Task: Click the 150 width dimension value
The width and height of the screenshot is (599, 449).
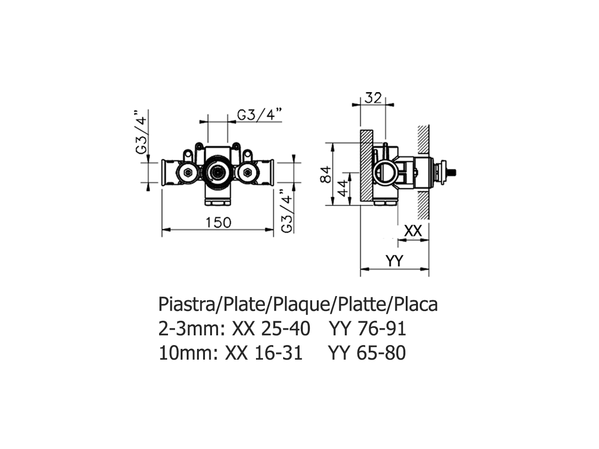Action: click(219, 222)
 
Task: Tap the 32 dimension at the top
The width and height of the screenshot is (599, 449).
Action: click(373, 98)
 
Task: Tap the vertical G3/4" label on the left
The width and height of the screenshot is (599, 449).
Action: click(141, 133)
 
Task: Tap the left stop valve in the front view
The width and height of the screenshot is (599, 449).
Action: click(188, 174)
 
